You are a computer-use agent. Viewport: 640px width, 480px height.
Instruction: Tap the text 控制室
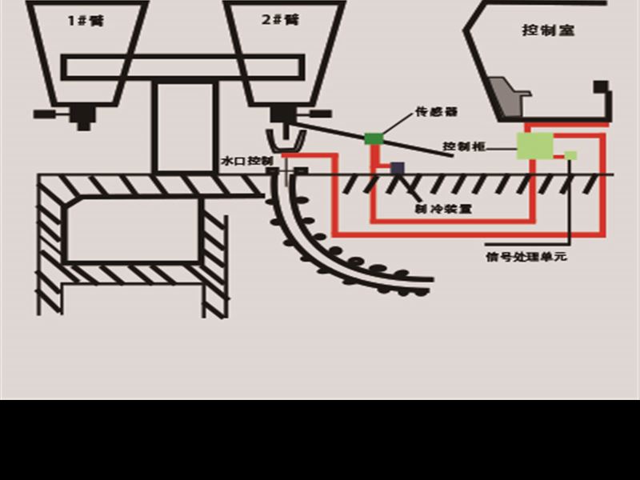coord(548,30)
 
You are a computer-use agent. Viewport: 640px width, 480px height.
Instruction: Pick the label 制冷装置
coord(442,209)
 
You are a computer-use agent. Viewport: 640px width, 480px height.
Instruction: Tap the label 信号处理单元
coord(526,258)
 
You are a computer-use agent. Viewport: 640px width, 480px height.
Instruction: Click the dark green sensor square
coord(374,138)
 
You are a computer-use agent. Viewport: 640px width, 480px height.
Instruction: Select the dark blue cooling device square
coord(397,168)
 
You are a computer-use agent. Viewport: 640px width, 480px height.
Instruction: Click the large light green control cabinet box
coord(534,146)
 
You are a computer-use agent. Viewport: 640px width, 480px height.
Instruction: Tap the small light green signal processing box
coord(570,155)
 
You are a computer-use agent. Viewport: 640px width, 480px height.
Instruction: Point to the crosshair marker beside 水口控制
coord(286,170)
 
